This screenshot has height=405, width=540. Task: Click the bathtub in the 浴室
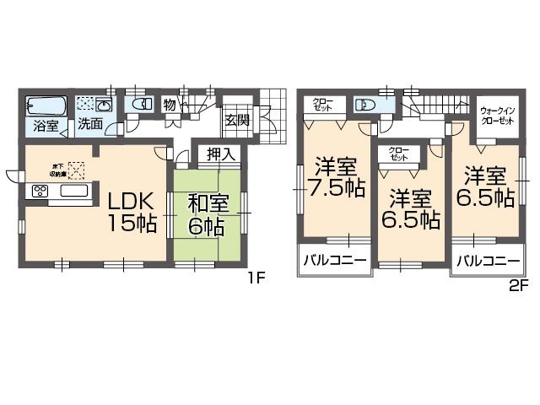coord(46,107)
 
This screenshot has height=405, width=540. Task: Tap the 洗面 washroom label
coord(90,124)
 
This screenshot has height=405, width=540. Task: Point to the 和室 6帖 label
coord(206,214)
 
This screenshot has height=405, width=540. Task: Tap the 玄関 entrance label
coord(237,120)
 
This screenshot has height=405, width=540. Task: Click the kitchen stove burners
coord(40,191)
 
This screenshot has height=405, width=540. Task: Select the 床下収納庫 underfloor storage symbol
coord(77,170)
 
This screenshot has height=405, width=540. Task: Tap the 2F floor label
coord(518,284)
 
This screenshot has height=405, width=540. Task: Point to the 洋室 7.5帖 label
coord(336,176)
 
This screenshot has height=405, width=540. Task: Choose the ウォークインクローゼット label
coord(497,116)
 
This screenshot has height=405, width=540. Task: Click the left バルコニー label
coord(335,260)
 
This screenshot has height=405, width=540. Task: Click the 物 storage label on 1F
coord(170,105)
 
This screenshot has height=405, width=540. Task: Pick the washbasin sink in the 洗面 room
coord(105,105)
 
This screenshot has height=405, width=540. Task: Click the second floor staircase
coord(430,107)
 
